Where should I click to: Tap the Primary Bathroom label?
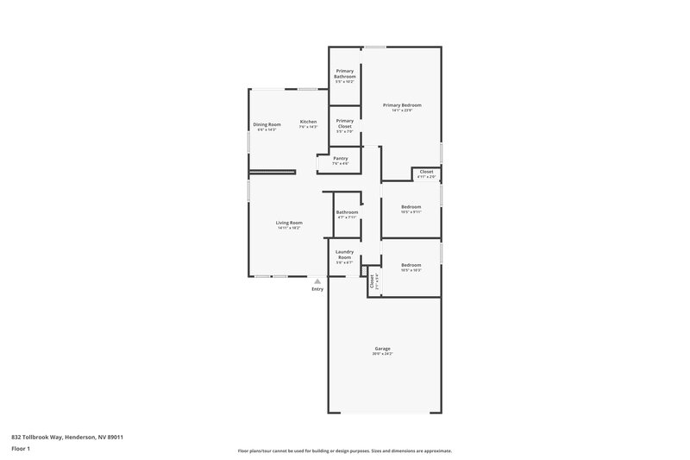tap(345, 73)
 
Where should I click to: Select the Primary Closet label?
tap(344, 123)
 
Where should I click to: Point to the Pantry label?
tap(341, 158)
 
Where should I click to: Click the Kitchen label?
tap(308, 122)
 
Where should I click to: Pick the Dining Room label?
tap(267, 124)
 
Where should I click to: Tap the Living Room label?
tap(289, 223)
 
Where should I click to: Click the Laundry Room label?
tap(344, 255)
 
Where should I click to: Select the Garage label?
tap(382, 348)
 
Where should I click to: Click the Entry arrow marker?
tap(317, 280)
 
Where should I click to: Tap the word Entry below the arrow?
tap(317, 289)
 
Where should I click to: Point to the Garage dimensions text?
tap(382, 354)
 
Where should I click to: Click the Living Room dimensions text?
tap(289, 228)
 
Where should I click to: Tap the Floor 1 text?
tap(21, 449)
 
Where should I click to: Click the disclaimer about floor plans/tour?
tap(344, 451)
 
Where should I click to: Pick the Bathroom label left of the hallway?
tap(347, 212)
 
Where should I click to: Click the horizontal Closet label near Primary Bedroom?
tap(426, 172)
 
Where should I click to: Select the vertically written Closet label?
tap(372, 280)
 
